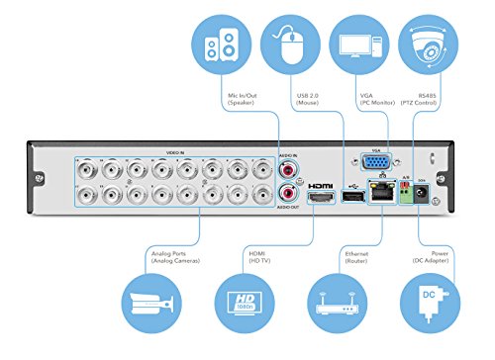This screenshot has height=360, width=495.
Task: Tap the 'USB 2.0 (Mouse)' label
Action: pyautogui.click(x=306, y=100)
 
